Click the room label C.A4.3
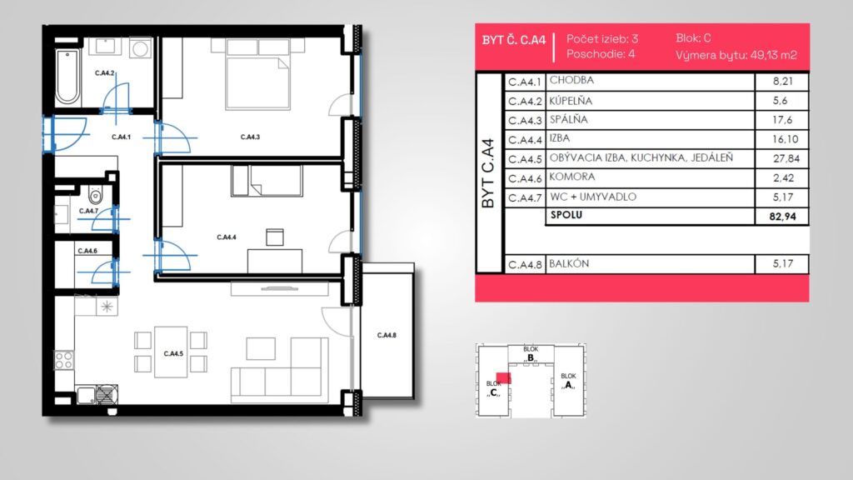[250, 137]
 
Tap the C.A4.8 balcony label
[387, 335]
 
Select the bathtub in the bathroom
[67, 77]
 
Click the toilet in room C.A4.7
[96, 193]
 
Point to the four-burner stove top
[64, 360]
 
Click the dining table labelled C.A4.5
[171, 352]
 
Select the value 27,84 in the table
[784, 158]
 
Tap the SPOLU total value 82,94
[782, 217]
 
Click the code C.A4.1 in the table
[525, 82]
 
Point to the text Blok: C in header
[693, 38]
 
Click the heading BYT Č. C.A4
[513, 40]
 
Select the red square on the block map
[504, 377]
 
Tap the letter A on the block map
[568, 385]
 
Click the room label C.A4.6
[87, 251]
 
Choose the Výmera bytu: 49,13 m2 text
[736, 55]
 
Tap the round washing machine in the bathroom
[140, 48]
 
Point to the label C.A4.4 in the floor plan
[227, 237]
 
